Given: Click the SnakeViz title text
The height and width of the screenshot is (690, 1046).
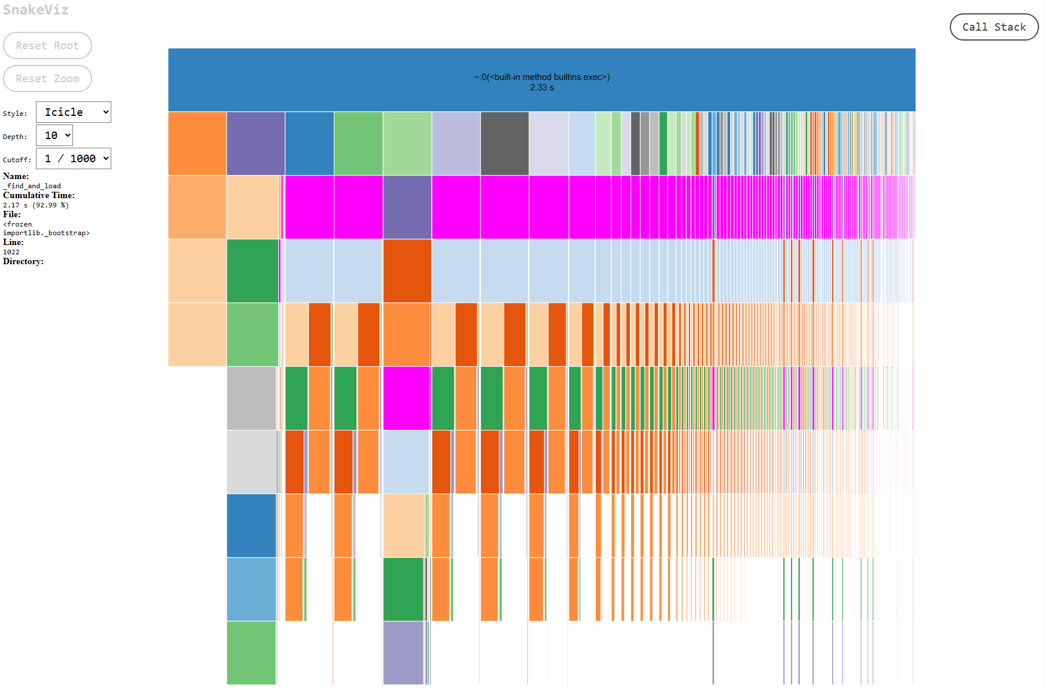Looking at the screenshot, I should point(36,10).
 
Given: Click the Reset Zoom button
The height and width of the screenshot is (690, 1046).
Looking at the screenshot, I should point(48,79).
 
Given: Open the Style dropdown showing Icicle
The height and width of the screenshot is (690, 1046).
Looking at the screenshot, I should point(74,112).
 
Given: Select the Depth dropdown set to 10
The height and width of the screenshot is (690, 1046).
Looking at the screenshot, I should point(54,136).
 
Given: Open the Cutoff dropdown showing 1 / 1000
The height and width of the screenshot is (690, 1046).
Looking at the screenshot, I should point(74,159).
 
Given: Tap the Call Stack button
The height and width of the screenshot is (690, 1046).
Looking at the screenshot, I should point(994,27).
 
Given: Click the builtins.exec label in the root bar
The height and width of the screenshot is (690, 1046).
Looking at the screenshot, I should point(542,77).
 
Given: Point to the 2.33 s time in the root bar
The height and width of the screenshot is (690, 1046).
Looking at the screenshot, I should point(542,87).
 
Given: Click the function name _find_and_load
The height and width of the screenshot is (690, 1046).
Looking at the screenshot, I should point(32,186).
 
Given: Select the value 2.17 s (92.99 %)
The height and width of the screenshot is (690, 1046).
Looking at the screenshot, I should point(36,205).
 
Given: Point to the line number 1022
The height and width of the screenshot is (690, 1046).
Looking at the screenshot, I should point(11,252).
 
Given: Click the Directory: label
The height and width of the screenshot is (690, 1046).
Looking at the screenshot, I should point(23,261).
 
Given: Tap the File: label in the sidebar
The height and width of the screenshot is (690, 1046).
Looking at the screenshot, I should point(12,214).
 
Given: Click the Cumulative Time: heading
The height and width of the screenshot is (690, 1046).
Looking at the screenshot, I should point(39,195).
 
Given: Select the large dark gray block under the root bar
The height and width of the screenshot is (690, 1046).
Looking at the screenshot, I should point(504,143).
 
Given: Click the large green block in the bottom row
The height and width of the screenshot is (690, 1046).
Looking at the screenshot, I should point(251,652).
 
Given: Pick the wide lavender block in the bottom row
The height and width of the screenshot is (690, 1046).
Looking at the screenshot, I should point(403,652).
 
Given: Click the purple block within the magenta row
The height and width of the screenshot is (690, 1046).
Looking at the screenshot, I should point(407,207).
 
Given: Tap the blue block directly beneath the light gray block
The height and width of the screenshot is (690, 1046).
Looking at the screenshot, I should point(251,525).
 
